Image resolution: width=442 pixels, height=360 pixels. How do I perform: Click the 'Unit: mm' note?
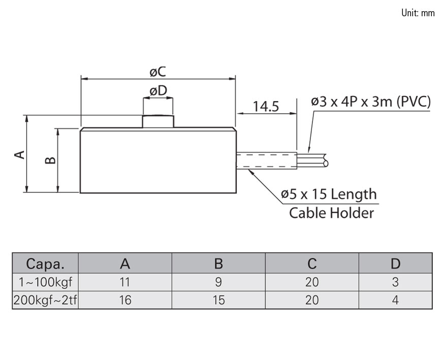point(418,13)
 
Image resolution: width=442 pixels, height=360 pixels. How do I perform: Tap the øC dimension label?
point(158,72)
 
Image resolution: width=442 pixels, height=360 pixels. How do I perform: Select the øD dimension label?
point(158,91)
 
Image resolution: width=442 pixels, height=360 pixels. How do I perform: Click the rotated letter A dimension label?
point(19,154)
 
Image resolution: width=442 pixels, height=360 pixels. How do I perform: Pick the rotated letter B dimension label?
point(50,160)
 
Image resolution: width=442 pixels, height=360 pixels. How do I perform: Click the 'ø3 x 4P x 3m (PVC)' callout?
point(371,102)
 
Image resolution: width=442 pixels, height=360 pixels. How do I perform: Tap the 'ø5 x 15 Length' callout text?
point(329,194)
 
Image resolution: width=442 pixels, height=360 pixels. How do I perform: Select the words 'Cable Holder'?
point(331,212)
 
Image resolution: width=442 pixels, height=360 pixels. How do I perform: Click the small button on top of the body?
point(158,121)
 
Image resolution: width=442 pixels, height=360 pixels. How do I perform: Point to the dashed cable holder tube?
point(266,160)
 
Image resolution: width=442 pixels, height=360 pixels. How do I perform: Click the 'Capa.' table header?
point(45,264)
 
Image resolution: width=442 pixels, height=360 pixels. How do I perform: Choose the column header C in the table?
point(312,264)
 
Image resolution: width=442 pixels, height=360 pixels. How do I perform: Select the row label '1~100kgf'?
point(45,282)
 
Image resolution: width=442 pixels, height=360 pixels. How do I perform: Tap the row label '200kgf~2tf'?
point(45,300)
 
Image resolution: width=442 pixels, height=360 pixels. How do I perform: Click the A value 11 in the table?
point(125,282)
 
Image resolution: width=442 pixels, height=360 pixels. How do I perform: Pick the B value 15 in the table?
point(218,300)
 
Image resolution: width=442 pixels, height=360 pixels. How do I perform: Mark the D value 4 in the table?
point(395,300)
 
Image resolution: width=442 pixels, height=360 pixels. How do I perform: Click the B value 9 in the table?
point(218,282)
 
